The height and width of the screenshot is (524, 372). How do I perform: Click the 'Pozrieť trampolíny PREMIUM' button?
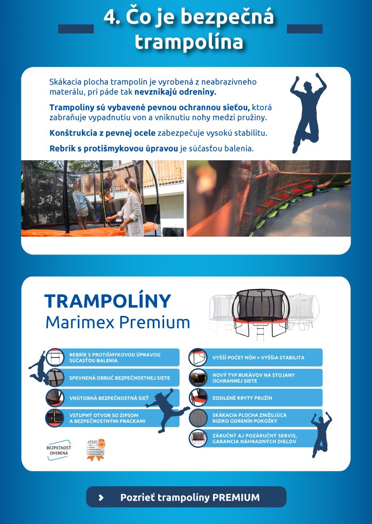(186, 497)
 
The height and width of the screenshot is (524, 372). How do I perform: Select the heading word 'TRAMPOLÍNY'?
(108, 301)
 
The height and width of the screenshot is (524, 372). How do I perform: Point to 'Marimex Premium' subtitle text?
(118, 322)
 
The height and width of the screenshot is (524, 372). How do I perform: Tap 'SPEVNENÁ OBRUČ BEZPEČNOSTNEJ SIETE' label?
(120, 378)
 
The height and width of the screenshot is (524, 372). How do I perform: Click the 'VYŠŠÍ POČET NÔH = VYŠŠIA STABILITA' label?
(258, 358)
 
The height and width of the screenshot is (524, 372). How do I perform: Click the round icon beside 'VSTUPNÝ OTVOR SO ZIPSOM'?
(54, 418)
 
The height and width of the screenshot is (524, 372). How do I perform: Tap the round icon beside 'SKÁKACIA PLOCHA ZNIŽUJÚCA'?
(198, 418)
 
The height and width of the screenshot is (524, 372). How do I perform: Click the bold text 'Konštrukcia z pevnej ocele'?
(103, 133)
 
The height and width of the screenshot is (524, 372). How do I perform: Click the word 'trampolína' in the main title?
(189, 42)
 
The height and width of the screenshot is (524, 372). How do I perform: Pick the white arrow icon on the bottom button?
(101, 498)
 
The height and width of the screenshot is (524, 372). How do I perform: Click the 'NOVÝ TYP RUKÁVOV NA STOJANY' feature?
(253, 378)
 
